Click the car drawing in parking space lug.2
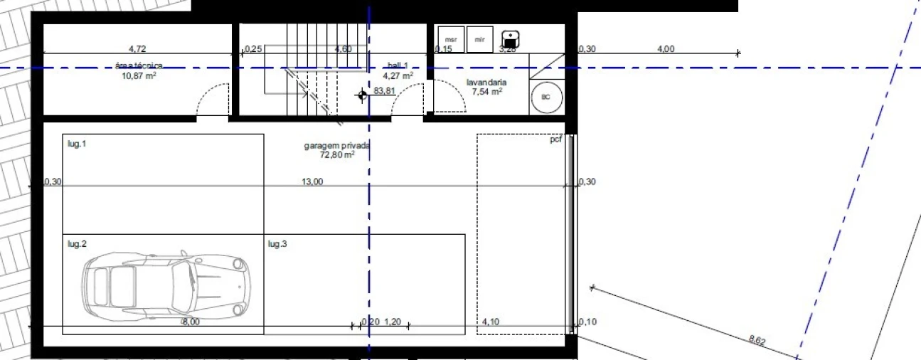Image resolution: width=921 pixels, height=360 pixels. tap(167, 285)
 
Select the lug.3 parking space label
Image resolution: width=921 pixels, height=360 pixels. tap(277, 245)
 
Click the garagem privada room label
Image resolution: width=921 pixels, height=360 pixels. tap(336, 145)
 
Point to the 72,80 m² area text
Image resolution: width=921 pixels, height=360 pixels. tap(337, 154)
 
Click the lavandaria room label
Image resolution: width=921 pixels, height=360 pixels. tap(486, 82)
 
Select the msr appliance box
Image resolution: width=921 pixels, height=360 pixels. tap(450, 39)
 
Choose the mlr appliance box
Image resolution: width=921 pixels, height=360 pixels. tap(480, 39)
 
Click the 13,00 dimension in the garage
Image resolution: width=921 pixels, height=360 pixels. tap(312, 181)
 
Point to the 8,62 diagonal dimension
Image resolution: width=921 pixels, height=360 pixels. tap(757, 342)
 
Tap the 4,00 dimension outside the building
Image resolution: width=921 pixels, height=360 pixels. tap(666, 49)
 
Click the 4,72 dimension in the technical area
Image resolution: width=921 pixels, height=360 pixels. tap(137, 49)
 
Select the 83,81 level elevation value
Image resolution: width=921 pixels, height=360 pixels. tap(383, 91)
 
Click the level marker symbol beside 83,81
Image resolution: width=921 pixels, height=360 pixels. tap(363, 94)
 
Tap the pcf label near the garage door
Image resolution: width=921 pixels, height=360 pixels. tap(555, 139)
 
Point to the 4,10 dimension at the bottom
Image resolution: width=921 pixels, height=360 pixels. tap(491, 322)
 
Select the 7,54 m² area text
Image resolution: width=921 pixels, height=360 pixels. tap(487, 91)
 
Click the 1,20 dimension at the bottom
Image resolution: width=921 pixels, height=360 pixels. tap(393, 322)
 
